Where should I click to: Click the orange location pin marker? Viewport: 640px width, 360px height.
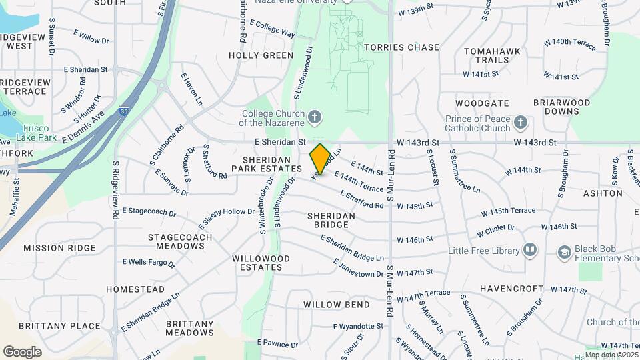(320, 159)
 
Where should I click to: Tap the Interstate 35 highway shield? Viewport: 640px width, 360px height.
(124, 112)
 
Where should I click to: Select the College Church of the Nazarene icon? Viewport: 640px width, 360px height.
(315, 118)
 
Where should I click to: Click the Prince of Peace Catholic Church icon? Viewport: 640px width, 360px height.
(521, 123)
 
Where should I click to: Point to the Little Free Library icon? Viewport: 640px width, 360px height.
(530, 250)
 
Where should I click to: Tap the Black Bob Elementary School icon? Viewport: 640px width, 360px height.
(565, 252)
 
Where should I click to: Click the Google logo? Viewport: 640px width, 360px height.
(22, 351)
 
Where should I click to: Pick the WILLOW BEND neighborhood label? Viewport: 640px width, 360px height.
(337, 305)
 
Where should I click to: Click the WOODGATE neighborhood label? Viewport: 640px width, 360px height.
(482, 103)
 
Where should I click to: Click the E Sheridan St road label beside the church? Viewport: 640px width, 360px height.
(280, 142)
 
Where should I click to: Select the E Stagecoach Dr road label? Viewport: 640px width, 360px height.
(149, 213)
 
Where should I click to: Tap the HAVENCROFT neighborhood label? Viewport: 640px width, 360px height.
(509, 289)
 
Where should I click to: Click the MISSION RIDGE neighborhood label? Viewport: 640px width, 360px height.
(60, 248)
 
